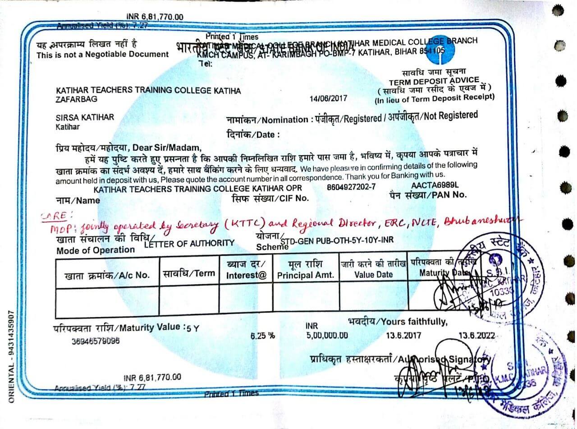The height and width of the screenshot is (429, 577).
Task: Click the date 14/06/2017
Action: [329, 98]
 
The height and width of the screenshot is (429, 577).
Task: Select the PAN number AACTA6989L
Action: [435, 185]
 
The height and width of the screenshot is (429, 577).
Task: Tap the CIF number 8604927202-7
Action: [351, 187]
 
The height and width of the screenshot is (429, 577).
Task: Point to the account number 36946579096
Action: [96, 341]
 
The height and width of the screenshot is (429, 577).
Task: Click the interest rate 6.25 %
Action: [262, 336]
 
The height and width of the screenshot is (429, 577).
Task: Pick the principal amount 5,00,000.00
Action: [327, 335]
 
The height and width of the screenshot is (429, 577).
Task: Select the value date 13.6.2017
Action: [403, 336]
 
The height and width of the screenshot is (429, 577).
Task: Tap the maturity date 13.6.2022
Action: [477, 336]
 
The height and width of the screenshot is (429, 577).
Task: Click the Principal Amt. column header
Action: [306, 275]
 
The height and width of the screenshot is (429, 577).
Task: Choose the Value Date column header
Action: [373, 274]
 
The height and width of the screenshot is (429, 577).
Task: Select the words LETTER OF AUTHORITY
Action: [189, 244]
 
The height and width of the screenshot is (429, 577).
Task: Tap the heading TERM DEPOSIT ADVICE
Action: [434, 81]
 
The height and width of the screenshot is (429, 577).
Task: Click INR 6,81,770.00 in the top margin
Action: [155, 17]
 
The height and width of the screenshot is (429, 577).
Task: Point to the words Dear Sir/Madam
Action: [165, 147]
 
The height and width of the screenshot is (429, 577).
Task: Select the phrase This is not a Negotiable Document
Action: [103, 55]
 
